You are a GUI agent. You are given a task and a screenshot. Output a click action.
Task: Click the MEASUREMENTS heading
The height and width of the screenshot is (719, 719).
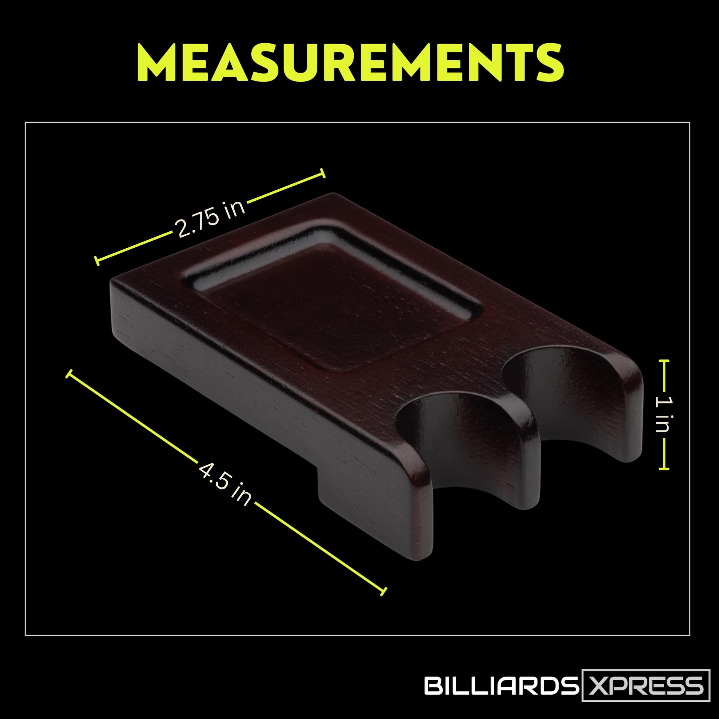pos(350,63)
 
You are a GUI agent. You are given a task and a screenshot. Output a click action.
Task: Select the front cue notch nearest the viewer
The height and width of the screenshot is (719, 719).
pos(461,443)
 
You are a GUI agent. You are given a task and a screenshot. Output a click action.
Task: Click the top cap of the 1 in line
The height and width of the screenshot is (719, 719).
pos(663,360)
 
